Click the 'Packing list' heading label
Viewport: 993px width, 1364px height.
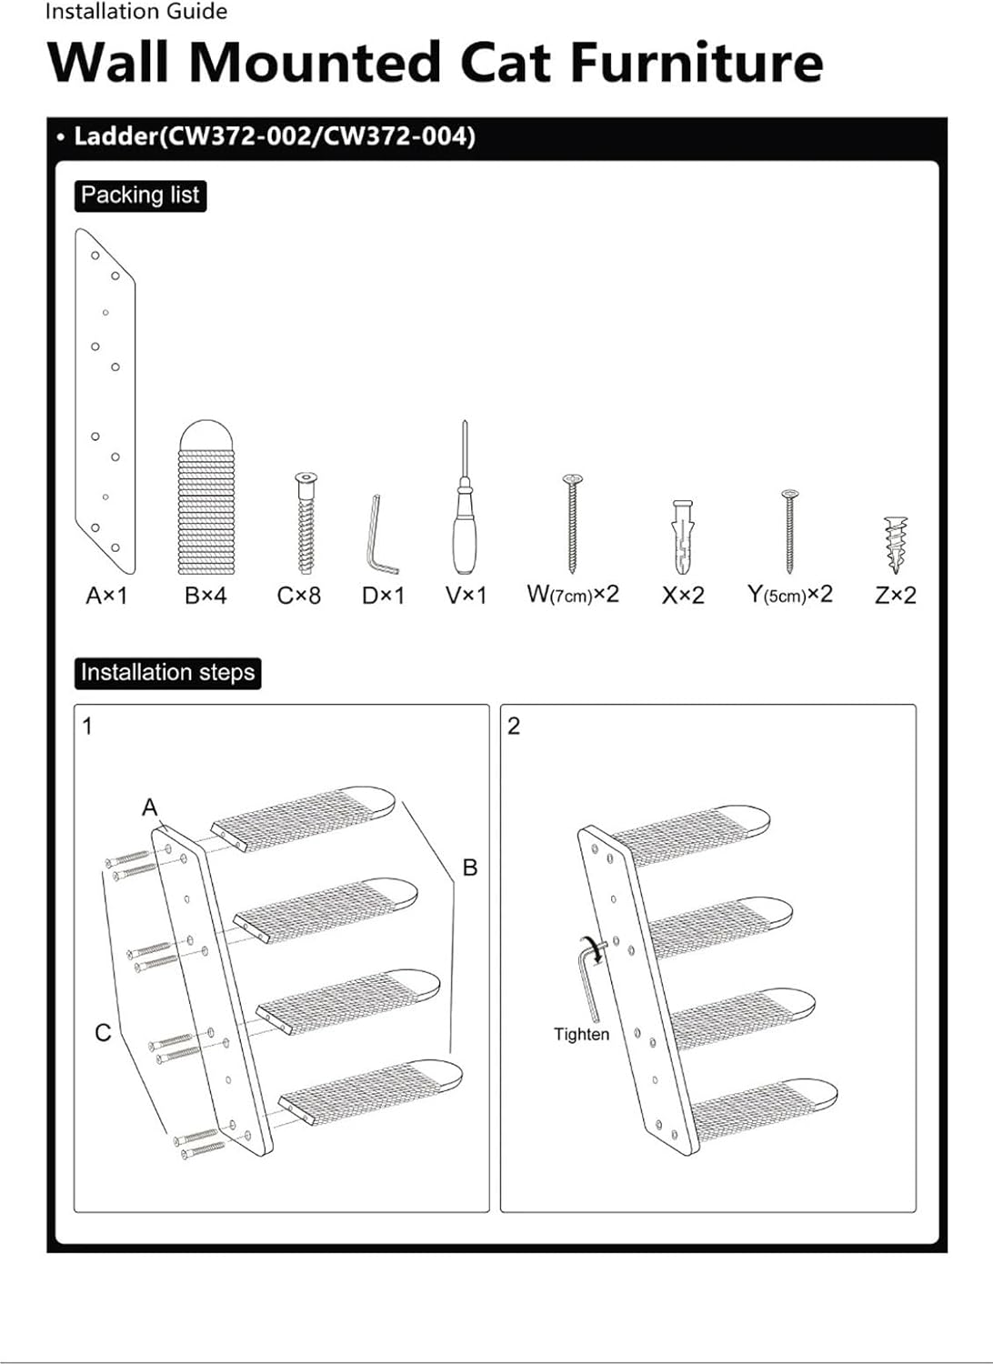coord(140,196)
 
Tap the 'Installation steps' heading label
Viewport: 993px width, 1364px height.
coord(167,673)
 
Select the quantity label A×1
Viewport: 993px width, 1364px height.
coord(106,597)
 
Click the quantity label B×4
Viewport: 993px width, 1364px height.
coord(206,597)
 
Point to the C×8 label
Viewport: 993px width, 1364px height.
coord(299,597)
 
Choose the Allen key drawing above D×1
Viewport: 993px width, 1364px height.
coord(381,537)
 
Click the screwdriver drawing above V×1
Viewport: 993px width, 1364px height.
coord(465,509)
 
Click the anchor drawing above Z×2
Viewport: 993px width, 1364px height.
coord(895,543)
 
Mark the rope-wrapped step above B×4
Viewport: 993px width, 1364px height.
coord(206,498)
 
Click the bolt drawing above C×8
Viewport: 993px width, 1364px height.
coord(306,523)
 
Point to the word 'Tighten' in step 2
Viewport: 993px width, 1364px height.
coord(581,1035)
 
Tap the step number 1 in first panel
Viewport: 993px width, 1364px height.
coord(87,727)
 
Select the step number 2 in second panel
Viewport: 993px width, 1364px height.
coord(514,727)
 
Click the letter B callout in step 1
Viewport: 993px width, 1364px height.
coord(470,868)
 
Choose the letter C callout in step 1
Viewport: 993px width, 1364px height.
coord(103,1033)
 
